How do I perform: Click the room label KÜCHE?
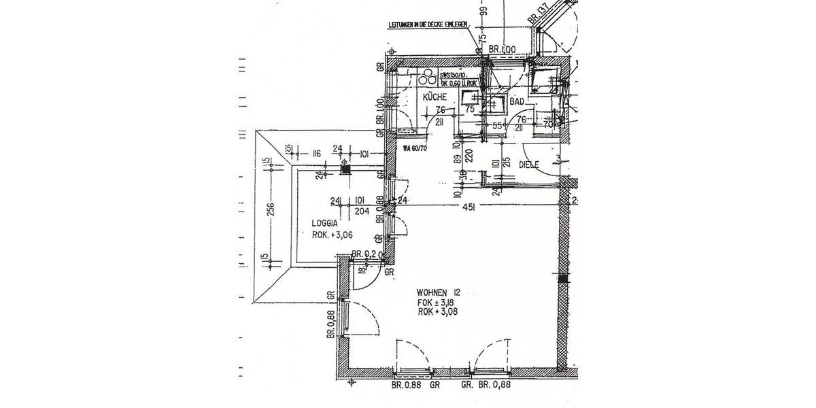point(435,98)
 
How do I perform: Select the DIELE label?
point(528,165)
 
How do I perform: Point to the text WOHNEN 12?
point(439,292)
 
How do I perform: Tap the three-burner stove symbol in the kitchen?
point(428,77)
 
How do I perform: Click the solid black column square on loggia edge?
point(345,171)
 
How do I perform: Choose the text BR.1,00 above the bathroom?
point(503,49)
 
